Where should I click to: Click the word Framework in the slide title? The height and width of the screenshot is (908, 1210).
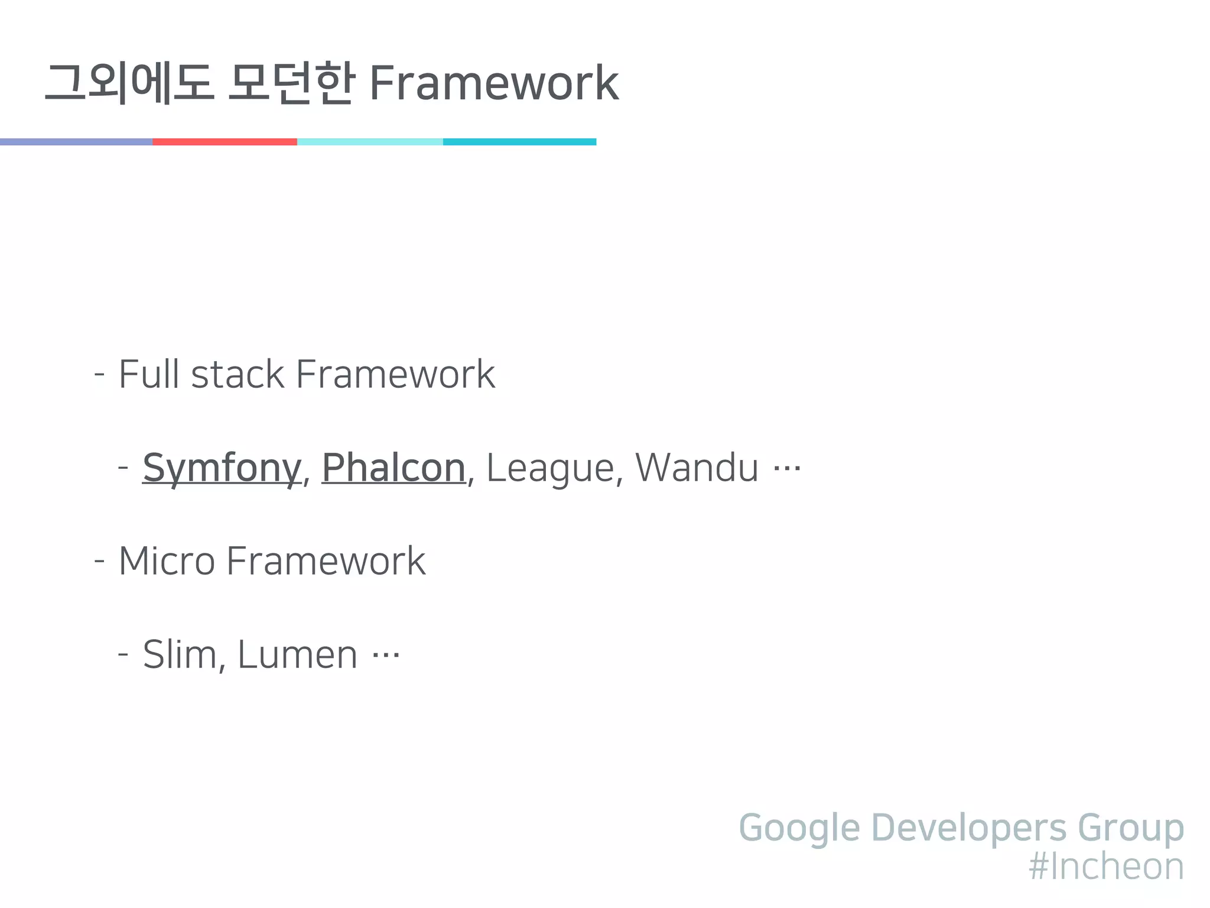pos(493,83)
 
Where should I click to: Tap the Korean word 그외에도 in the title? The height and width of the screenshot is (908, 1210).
pos(129,83)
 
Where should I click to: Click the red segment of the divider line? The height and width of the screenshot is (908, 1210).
pos(225,142)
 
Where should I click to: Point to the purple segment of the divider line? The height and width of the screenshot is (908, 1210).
pos(76,142)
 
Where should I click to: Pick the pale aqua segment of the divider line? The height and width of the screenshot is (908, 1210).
pos(370,142)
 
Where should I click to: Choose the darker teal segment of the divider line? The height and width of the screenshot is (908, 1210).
pos(519,142)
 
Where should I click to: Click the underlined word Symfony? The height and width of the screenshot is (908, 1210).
pos(222,468)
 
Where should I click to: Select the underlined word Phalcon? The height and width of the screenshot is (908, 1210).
pos(393,468)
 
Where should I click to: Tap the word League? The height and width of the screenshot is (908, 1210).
pos(550,468)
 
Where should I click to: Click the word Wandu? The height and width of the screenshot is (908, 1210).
pos(697,468)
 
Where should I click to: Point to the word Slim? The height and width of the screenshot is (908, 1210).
pos(180,654)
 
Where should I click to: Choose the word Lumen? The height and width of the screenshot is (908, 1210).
pos(297,654)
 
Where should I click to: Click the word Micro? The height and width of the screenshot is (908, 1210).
pos(167,561)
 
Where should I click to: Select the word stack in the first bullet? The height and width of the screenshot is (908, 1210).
pos(238,375)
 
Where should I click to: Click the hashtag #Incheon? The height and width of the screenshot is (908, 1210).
pos(1106,867)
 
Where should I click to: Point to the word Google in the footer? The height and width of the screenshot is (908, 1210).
pos(799,828)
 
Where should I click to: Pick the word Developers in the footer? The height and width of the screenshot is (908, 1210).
pos(969,828)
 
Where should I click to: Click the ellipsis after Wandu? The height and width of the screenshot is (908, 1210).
pos(787,469)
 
